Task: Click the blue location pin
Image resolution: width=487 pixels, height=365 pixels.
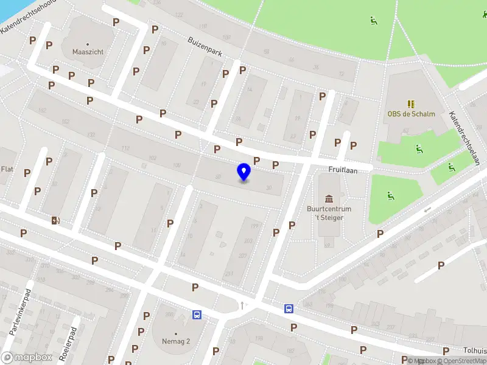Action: [x=244, y=172]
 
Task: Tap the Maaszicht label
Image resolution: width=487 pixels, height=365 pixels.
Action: [x=88, y=52]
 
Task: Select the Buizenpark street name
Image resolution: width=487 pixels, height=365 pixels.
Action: [x=204, y=47]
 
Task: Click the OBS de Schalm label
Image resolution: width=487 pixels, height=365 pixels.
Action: [x=411, y=114]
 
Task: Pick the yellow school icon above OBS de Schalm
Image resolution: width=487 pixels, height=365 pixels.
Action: [x=411, y=103]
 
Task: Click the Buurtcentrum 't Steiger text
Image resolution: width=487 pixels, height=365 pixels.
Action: [x=329, y=213]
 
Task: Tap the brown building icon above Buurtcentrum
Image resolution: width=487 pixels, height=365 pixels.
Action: [x=329, y=199]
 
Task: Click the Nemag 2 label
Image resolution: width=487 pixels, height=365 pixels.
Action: [x=175, y=341]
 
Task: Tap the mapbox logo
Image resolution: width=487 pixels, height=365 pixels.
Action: [x=27, y=358]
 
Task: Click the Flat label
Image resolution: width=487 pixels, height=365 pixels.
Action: [x=7, y=169]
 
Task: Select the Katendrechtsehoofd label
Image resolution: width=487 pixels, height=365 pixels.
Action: [x=27, y=16]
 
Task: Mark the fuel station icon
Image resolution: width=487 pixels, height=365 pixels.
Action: [x=55, y=220]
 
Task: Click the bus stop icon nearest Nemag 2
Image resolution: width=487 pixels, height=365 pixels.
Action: [x=197, y=315]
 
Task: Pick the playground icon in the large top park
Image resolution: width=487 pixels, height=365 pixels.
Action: [x=373, y=21]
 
